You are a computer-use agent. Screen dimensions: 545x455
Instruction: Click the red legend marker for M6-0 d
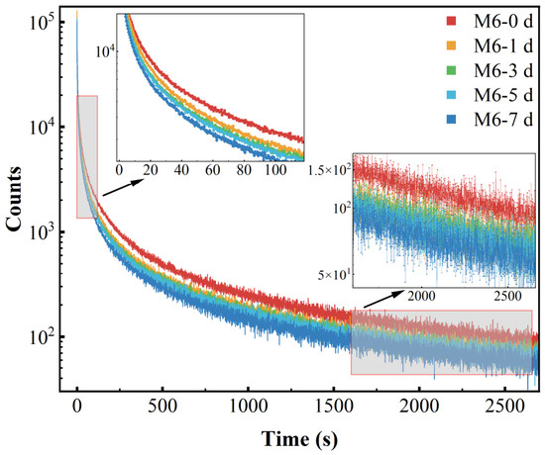[x=451, y=21]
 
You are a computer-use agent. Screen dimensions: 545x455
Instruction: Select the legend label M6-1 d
[x=503, y=45]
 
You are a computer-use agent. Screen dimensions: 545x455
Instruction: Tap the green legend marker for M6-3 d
[x=451, y=70]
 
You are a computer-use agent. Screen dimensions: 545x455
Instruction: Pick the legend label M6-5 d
[x=503, y=95]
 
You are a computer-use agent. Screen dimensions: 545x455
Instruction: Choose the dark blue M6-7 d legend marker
[x=451, y=120]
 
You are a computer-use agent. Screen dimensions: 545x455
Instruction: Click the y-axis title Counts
[x=14, y=199]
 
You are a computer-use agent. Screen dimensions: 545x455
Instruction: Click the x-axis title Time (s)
[x=299, y=439]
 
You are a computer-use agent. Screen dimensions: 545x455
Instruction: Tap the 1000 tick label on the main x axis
[x=249, y=407]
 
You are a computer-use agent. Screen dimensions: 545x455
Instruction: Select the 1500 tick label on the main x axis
[x=334, y=407]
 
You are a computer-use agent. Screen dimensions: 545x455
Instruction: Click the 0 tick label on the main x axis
[x=77, y=407]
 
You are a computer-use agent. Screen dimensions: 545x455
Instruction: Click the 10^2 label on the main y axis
[x=43, y=336]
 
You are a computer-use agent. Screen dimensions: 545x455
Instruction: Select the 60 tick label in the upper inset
[x=213, y=170]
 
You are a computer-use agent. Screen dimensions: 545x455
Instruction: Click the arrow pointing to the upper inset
[x=123, y=188]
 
